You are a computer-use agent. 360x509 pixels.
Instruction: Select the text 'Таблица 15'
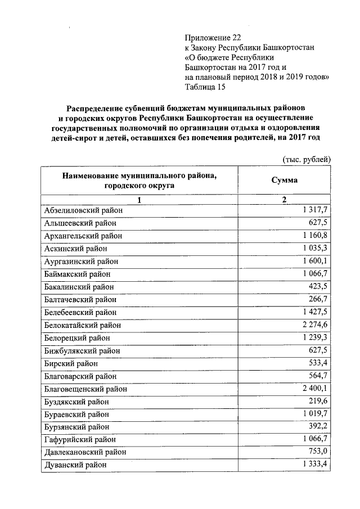point(206,87)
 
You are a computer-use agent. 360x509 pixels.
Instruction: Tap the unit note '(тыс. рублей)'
point(306,160)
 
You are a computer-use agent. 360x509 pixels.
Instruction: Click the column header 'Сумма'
point(284,181)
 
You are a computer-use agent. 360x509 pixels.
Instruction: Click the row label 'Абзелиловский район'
point(83,210)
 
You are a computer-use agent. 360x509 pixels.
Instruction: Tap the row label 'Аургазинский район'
point(80,261)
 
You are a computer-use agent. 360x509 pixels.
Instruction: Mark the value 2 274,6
point(314,325)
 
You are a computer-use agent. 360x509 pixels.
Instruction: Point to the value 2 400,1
point(314,388)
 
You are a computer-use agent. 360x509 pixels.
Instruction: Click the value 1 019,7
point(314,414)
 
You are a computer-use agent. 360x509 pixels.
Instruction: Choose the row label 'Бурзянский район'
point(76,427)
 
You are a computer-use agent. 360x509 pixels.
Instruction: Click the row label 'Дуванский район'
point(75,465)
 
